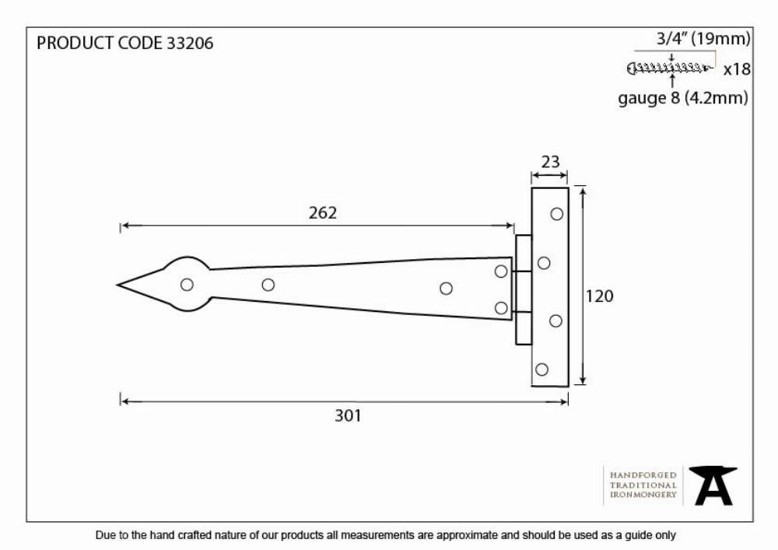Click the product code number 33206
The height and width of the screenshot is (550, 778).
point(190,43)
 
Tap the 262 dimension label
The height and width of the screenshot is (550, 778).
point(323,212)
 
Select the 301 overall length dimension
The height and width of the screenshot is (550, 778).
point(348,415)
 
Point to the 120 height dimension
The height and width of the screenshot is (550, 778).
point(599,296)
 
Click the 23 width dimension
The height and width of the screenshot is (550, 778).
point(550,162)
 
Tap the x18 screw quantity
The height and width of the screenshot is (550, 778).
point(737,69)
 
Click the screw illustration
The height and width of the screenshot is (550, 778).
point(670,68)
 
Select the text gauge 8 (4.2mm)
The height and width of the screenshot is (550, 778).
point(683,98)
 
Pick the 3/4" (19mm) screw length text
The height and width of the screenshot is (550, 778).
point(703,39)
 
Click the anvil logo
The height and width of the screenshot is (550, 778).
point(713,485)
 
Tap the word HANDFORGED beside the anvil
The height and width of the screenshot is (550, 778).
point(643,475)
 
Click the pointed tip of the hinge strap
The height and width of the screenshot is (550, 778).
point(117,286)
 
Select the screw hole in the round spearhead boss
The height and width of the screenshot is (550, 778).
point(187,285)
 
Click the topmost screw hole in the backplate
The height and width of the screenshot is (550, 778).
point(557,214)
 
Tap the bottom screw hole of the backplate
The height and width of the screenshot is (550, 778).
point(541,370)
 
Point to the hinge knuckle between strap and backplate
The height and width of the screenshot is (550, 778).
point(524,289)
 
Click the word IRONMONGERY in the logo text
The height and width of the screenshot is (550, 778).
point(643,495)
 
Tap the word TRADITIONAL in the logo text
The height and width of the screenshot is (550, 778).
point(643,485)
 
